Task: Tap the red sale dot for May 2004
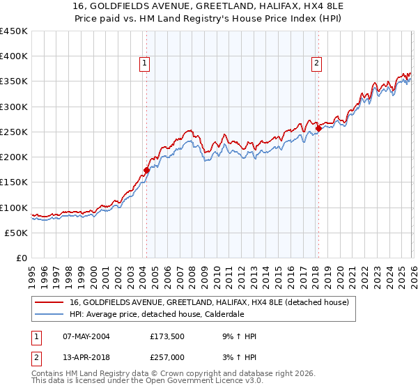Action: click(146, 170)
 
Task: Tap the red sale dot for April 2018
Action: click(318, 128)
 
